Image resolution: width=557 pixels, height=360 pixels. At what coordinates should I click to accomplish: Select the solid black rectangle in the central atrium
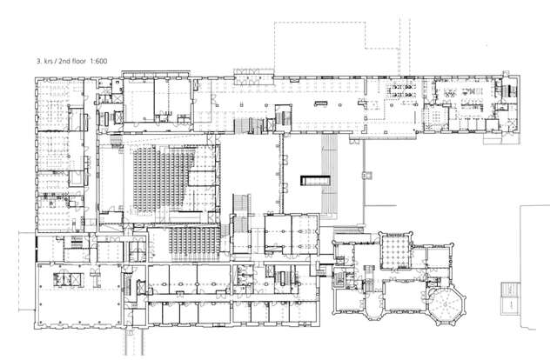click(314, 180)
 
